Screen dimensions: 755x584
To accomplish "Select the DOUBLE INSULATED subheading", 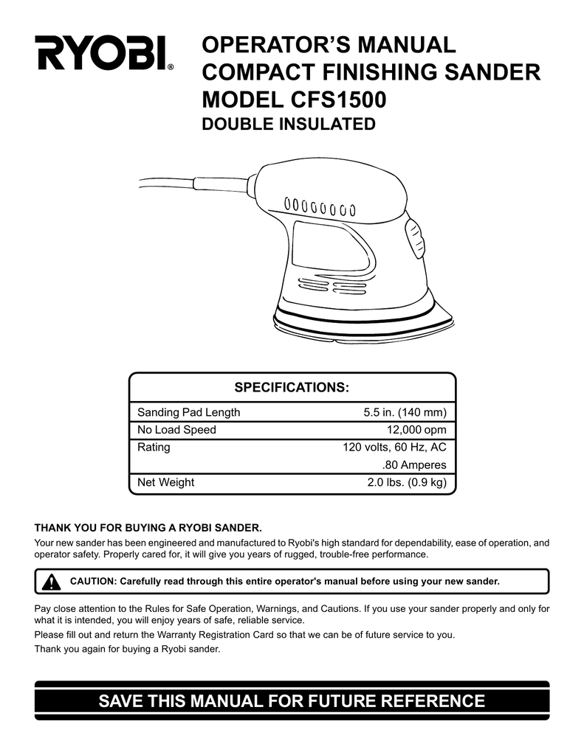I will (289, 125).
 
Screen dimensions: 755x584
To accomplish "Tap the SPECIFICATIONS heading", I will (292, 388).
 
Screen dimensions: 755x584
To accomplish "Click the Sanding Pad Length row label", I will (188, 412).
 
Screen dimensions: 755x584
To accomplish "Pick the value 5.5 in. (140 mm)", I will (405, 412).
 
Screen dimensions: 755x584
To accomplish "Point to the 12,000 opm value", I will (416, 430).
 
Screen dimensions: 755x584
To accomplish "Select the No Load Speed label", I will (176, 430).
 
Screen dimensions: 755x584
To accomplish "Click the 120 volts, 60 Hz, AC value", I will (394, 448).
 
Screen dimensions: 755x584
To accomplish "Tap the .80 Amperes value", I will (414, 465).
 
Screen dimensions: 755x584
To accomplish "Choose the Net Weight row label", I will (165, 483).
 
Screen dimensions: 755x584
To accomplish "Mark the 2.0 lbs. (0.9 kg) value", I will (407, 483).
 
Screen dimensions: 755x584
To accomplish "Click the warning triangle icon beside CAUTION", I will (51, 582).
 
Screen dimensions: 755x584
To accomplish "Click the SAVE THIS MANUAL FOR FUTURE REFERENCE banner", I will (292, 700).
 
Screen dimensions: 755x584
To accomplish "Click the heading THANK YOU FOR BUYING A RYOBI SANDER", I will (148, 528).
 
